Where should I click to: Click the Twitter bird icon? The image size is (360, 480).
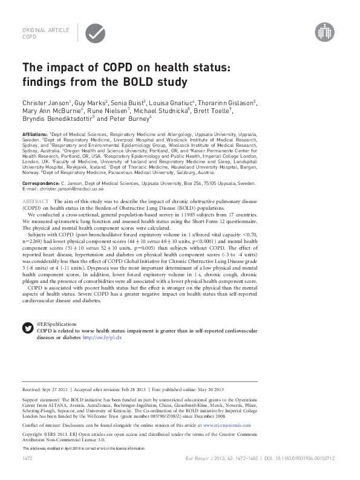tap(28, 328)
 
